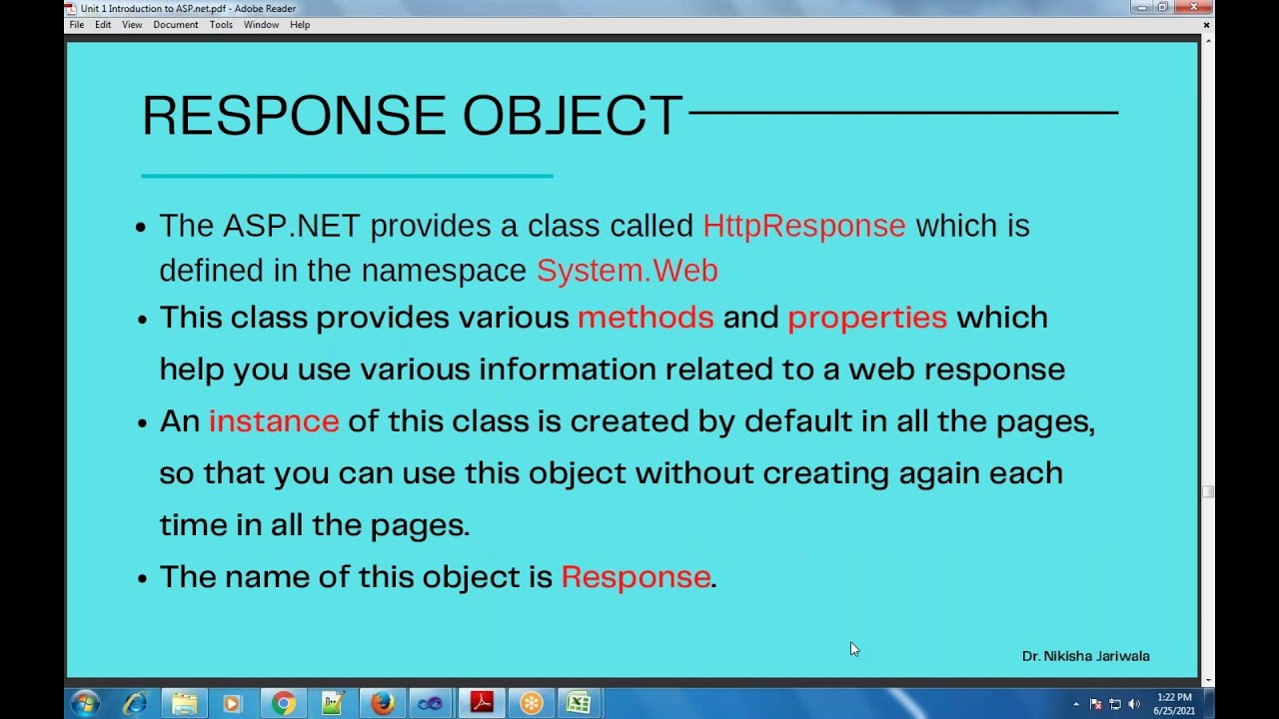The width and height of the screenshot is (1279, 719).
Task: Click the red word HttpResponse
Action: click(x=803, y=226)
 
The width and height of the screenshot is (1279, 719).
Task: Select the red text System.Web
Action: click(x=627, y=271)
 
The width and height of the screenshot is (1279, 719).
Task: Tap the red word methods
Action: click(x=645, y=318)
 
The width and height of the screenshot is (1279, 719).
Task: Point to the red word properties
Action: click(x=866, y=318)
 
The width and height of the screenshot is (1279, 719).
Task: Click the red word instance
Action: click(x=274, y=421)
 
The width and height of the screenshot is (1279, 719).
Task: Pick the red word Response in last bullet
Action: click(x=636, y=577)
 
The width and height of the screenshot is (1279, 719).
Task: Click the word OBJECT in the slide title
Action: click(x=573, y=116)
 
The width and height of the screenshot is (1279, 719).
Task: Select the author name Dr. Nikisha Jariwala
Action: click(x=1085, y=656)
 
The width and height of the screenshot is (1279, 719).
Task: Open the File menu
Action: click(x=77, y=25)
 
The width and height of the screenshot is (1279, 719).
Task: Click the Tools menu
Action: click(x=221, y=25)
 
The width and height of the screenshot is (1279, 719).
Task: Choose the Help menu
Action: click(x=300, y=25)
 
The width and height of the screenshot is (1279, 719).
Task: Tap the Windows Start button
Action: click(x=84, y=703)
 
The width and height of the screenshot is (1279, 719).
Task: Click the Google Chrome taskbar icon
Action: click(x=283, y=703)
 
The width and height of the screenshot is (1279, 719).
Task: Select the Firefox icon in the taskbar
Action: click(x=382, y=703)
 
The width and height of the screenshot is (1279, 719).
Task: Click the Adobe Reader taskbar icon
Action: click(x=481, y=703)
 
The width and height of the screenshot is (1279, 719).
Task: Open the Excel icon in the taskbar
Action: click(x=579, y=703)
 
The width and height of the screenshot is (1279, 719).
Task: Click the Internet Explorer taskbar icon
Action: click(x=134, y=703)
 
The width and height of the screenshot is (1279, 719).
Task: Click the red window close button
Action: click(x=1194, y=7)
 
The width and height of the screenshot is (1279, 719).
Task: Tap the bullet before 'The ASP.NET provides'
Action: click(x=141, y=227)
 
